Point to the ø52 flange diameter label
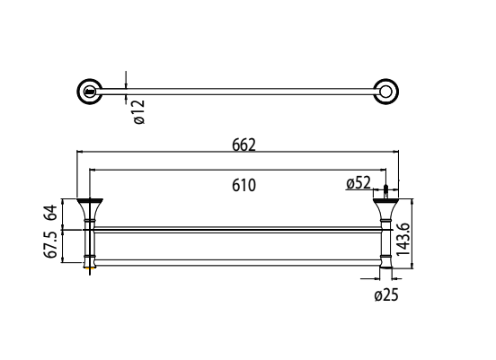[x=359, y=184]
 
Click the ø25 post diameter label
[x=385, y=295]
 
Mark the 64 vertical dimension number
[x=52, y=213]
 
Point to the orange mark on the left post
[x=90, y=267]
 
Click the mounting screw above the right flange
[x=386, y=189]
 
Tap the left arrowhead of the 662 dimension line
[x=79, y=153]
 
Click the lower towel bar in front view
[x=238, y=260]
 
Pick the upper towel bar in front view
[x=238, y=230]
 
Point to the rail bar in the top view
[x=238, y=90]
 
